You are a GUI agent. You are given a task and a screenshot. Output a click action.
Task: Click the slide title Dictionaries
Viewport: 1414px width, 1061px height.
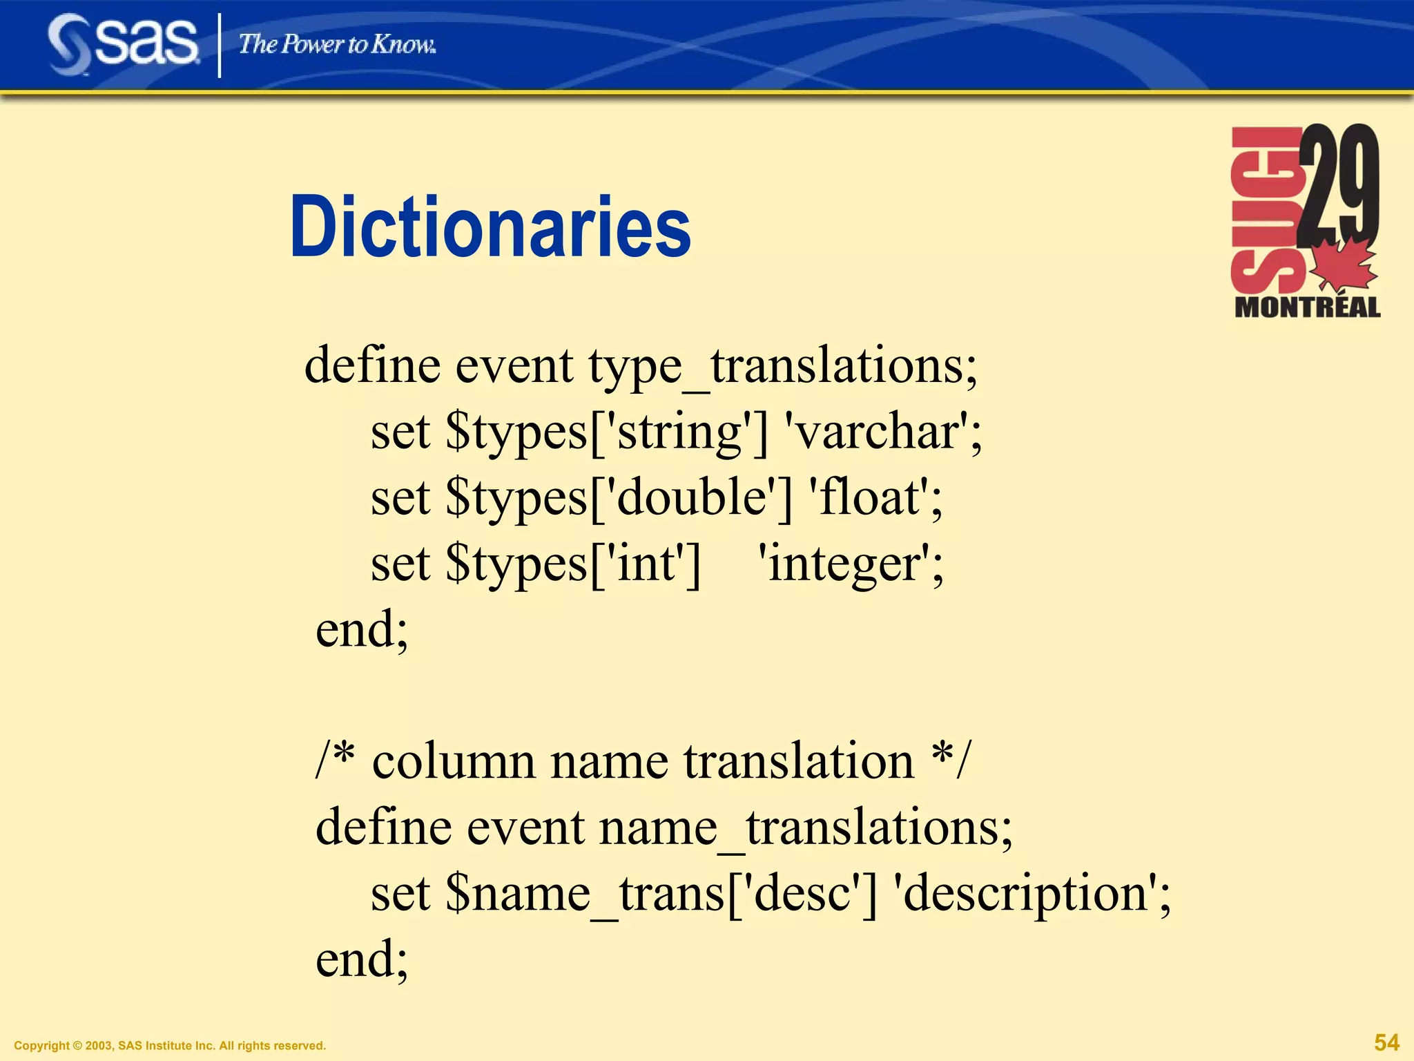[x=490, y=228]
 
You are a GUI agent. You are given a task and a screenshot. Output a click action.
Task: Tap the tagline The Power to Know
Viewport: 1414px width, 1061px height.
[x=337, y=45]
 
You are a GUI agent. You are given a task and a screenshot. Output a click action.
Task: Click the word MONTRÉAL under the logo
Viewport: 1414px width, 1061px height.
[x=1307, y=307]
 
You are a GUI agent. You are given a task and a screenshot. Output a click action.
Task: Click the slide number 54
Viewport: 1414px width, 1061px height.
[x=1386, y=1042]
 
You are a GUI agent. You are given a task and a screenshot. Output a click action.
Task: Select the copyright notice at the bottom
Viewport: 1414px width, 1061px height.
[x=170, y=1046]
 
